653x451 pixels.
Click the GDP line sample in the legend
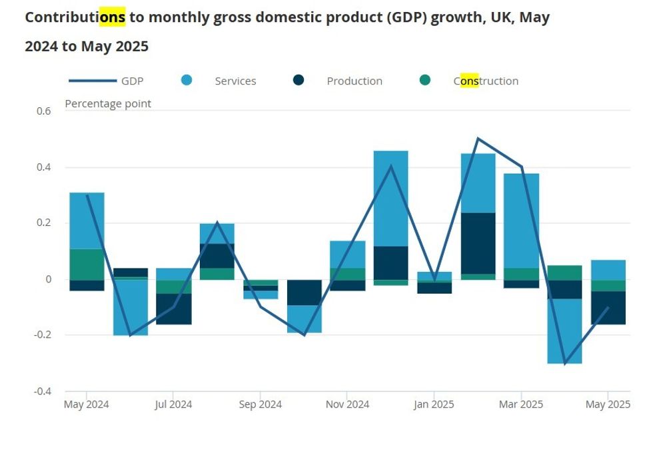(92, 81)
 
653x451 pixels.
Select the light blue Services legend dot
(187, 81)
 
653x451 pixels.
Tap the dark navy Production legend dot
(299, 81)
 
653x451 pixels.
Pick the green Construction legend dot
(425, 81)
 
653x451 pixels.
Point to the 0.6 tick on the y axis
(43, 111)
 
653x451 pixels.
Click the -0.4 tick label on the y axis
(42, 391)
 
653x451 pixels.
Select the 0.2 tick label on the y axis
(43, 223)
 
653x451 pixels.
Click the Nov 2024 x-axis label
(347, 404)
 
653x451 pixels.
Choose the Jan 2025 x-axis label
(434, 404)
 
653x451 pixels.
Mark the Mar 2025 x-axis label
(521, 404)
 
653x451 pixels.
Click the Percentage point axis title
(108, 103)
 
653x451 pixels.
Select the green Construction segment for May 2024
(87, 264)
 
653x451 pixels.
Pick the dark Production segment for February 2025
(478, 243)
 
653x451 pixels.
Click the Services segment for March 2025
(521, 221)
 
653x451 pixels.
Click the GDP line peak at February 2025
(478, 139)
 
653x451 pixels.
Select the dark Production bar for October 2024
(304, 292)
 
